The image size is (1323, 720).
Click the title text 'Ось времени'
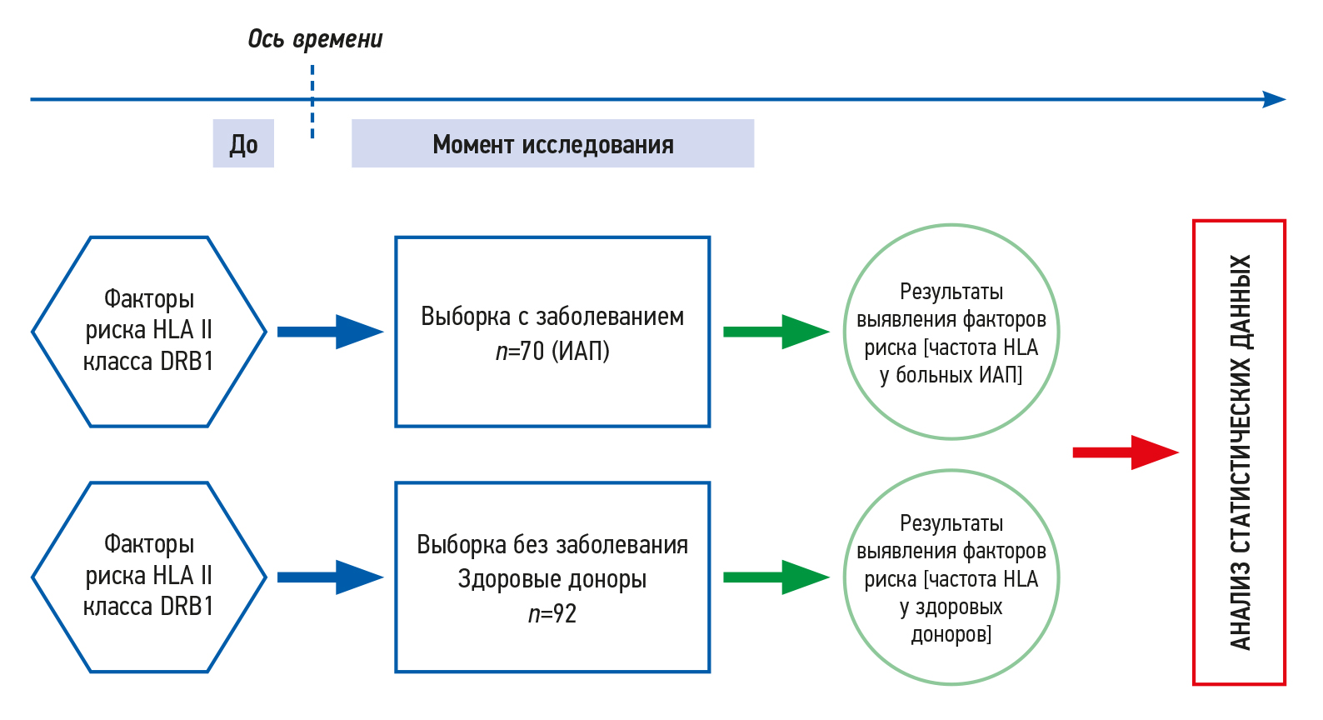pos(315,39)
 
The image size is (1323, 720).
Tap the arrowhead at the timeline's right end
pos(1275,100)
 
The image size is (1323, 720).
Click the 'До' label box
pos(243,144)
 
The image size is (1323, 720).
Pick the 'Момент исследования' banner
pos(552,144)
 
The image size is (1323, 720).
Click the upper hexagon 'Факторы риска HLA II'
pos(149,331)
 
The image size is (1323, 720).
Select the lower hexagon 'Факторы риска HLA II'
pos(149,577)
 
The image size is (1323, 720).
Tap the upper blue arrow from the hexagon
pos(329,332)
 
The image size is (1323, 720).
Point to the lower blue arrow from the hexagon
pos(329,577)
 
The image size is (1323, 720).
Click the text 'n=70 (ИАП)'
pos(552,352)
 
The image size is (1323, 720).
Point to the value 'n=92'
pos(552,614)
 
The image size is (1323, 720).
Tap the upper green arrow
pos(776,332)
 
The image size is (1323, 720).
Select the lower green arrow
pos(776,577)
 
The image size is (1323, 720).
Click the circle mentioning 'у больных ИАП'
pos(951,332)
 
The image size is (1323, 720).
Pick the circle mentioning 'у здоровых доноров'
pos(951,577)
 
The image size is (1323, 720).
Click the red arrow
pos(1125,452)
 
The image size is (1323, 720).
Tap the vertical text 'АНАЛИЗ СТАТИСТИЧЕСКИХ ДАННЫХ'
pos(1240,452)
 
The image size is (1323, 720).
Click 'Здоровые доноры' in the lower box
pos(552,579)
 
